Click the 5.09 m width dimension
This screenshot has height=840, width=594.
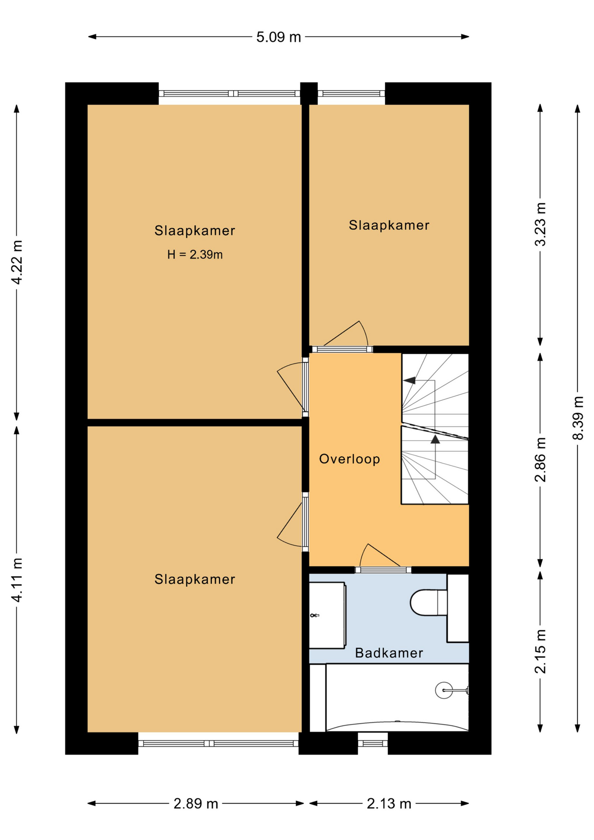pos(279,37)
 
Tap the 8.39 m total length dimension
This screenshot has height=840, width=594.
pos(578,417)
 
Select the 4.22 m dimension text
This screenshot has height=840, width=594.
pos(17,262)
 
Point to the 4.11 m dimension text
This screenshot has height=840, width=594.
pos(17,580)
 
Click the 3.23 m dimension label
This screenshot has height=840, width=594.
pos(541,224)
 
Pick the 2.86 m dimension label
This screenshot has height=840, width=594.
pos(541,459)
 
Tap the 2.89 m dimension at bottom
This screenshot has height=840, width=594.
pos(196,804)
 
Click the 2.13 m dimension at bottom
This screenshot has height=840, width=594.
pos(389,804)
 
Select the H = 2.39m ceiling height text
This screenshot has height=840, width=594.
pos(195,255)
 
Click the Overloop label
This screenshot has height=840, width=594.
pos(349,459)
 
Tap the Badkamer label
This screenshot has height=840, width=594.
pos(389,653)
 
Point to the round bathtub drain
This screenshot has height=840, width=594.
pos(444,690)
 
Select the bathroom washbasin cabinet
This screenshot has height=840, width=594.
pos(327,615)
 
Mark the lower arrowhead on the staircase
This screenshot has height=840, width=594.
pos(435,439)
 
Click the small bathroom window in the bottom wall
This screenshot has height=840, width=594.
pos(373,743)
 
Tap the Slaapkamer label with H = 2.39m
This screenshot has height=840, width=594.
pos(195,231)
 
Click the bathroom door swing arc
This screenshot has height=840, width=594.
pos(362,553)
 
